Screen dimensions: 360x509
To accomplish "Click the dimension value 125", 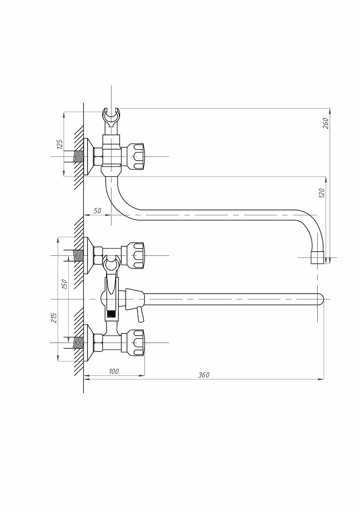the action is tap(60, 144).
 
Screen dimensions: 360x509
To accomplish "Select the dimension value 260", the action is tap(326, 123).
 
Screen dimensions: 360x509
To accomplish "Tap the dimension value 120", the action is tap(321, 193).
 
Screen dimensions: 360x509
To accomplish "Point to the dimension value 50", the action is tap(97, 211).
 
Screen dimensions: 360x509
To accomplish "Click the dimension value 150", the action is tap(64, 284).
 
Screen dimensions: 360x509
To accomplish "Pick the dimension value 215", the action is tap(54, 318).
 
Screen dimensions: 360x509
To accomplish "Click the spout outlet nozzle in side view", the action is tap(317, 257).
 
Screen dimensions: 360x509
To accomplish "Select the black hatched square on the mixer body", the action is tap(111, 314).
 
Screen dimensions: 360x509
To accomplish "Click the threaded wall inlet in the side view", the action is tap(78, 157).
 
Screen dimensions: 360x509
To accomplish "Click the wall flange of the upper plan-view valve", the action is tap(88, 255).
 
